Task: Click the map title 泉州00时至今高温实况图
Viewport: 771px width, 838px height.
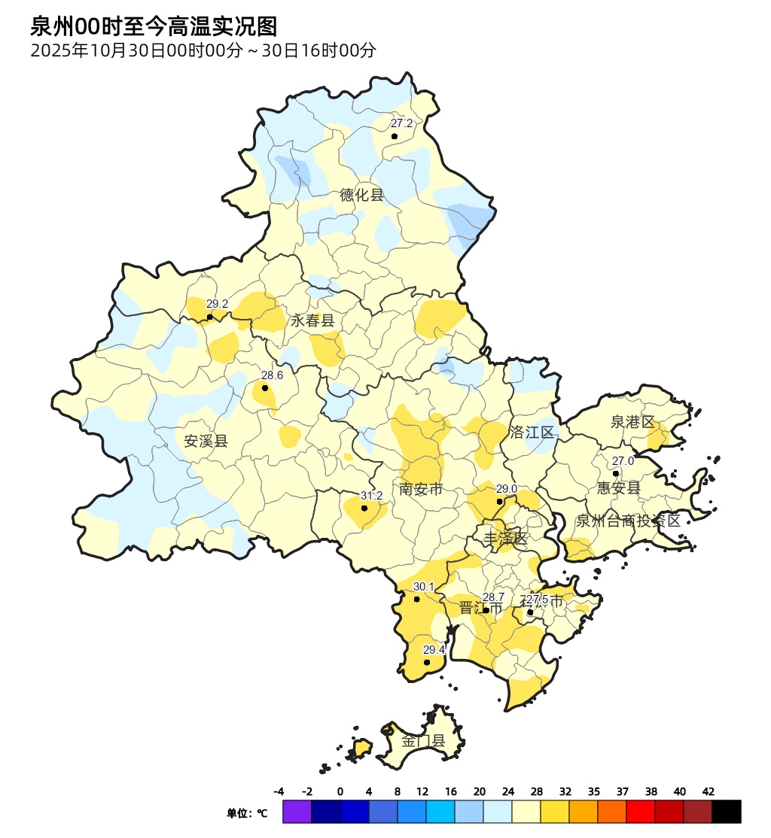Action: coord(154,27)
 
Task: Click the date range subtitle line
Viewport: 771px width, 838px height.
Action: coord(203,51)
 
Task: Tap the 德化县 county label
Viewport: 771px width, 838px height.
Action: coord(361,196)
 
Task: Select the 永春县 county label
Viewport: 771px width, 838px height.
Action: coord(312,320)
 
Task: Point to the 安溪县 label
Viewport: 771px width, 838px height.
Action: coord(206,441)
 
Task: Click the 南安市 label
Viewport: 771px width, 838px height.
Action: coord(421,490)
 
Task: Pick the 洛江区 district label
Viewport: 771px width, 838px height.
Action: coord(532,433)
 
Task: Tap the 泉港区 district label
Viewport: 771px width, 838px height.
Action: coord(632,422)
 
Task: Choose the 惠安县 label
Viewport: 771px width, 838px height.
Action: coord(619,488)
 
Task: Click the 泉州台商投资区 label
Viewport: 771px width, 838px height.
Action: coord(628,521)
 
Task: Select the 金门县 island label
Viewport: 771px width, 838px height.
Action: coord(423,741)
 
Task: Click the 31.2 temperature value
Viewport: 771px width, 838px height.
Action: coord(371,496)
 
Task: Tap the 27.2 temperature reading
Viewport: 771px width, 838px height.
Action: coord(401,123)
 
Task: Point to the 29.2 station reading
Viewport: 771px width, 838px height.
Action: coord(217,304)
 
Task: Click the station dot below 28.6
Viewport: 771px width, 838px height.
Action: coord(265,388)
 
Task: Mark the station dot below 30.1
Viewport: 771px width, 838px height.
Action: coord(417,600)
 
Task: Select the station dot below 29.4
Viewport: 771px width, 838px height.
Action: coord(427,663)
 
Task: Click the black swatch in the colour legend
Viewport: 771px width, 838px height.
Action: coord(727,812)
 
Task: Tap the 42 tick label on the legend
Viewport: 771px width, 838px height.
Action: coord(708,791)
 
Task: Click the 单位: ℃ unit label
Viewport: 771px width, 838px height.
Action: coord(247,813)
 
